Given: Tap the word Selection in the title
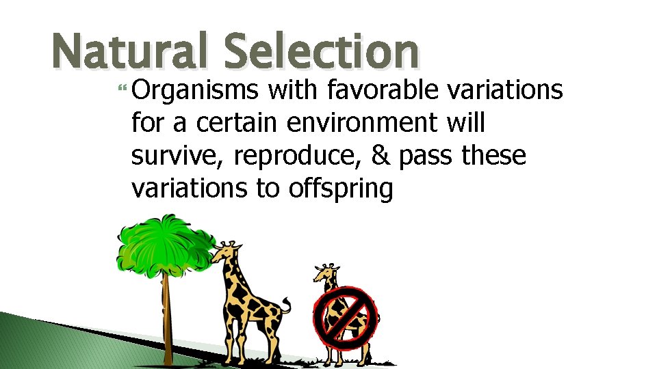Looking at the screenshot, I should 321,52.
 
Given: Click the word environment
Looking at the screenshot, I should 361,124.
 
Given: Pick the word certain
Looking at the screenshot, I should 239,124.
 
